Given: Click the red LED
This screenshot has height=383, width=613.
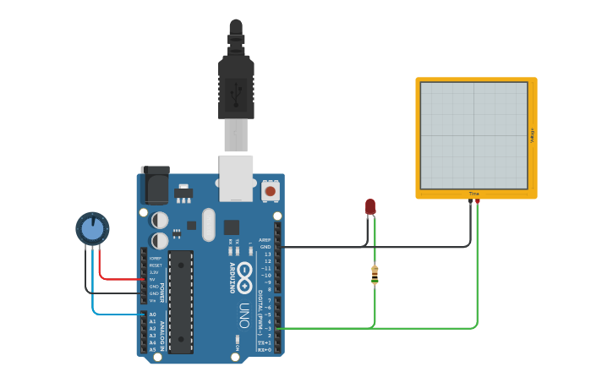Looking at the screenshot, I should coord(370,206).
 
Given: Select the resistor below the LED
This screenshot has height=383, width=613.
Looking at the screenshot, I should coord(375,274).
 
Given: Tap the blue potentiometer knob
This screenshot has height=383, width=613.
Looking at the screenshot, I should coord(92,228).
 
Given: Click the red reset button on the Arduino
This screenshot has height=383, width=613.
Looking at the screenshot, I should coord(271,192).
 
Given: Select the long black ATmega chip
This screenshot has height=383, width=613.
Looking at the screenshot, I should coord(181,301).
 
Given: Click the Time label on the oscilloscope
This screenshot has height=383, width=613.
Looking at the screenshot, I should coord(473,194).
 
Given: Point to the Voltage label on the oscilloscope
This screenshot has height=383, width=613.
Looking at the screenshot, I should coord(532,135).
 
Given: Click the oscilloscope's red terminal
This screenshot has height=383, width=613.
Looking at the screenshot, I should coord(478,201).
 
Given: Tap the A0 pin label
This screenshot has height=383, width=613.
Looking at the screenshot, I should coord(153,315).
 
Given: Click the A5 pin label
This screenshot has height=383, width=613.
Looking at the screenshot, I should coord(153,349).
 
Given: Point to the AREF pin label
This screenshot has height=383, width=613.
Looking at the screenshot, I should coord(265,239).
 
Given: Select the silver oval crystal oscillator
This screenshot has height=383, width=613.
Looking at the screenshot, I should coord(209,225).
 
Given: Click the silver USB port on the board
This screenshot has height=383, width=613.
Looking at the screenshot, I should coord(236,178).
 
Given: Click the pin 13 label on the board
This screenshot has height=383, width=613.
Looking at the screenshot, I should coord(267,254).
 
